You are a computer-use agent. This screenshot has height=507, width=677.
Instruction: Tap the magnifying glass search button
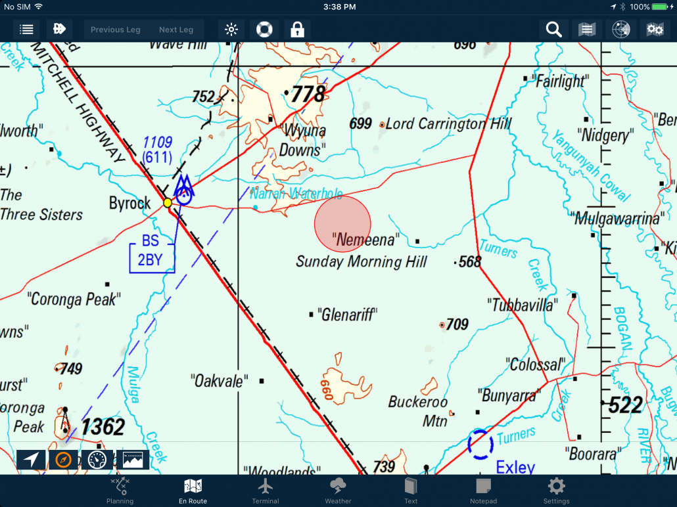pyautogui.click(x=553, y=30)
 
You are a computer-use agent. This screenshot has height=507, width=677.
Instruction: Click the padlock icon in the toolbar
pyautogui.click(x=297, y=30)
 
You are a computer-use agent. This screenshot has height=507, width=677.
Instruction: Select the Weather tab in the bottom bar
pyautogui.click(x=338, y=491)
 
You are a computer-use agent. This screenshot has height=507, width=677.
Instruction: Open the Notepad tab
pyautogui.click(x=483, y=491)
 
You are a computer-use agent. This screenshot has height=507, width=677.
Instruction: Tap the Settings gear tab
pyautogui.click(x=556, y=491)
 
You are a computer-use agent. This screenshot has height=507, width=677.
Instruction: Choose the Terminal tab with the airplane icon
pyautogui.click(x=266, y=491)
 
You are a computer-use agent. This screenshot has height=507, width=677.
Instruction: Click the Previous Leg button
pyautogui.click(x=116, y=30)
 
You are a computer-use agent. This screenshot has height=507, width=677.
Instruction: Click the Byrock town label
pyautogui.click(x=129, y=203)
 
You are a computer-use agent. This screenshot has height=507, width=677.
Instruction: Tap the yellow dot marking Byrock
pyautogui.click(x=168, y=203)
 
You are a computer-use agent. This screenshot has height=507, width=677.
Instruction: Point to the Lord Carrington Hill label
pyautogui.click(x=448, y=123)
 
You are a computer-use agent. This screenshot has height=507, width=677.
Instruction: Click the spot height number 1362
pyautogui.click(x=103, y=428)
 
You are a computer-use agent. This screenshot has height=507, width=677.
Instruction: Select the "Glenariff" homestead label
pyautogui.click(x=346, y=315)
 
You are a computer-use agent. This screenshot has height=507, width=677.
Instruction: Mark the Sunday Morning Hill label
pyautogui.click(x=362, y=262)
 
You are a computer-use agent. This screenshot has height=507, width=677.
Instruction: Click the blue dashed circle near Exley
pyautogui.click(x=480, y=444)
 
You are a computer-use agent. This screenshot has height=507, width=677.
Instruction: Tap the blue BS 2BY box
pyautogui.click(x=151, y=251)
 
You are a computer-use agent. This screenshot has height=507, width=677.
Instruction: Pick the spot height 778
pyautogui.click(x=308, y=95)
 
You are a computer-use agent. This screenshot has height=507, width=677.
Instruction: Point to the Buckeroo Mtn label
pyautogui.click(x=419, y=411)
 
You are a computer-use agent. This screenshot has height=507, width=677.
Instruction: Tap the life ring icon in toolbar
pyautogui.click(x=264, y=30)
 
